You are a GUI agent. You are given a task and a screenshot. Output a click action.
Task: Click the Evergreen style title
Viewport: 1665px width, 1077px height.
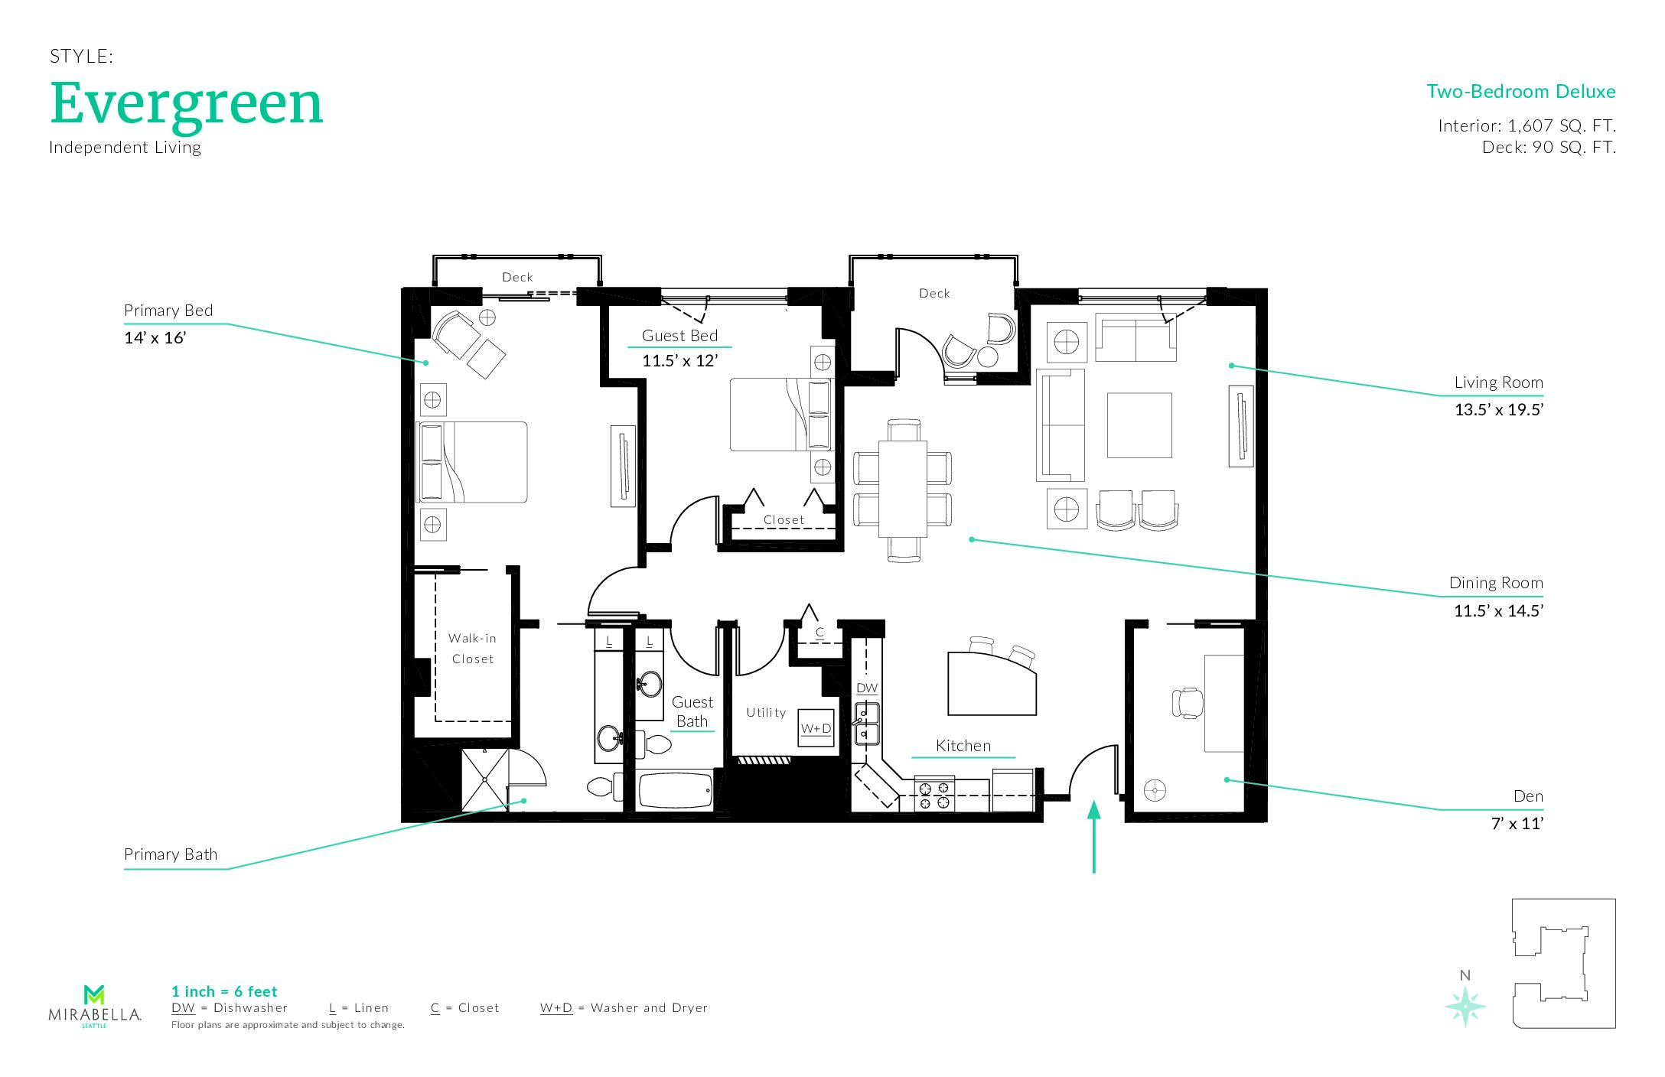pyautogui.click(x=187, y=106)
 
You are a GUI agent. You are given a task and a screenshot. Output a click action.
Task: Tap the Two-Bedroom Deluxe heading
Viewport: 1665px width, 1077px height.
pyautogui.click(x=1520, y=92)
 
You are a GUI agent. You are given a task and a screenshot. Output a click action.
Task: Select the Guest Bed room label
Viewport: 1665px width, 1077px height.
pyautogui.click(x=679, y=336)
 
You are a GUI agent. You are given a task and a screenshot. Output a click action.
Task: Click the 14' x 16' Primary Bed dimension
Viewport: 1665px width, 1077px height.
pyautogui.click(x=155, y=338)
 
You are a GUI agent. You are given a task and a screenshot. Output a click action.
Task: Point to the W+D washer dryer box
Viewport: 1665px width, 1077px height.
pyautogui.click(x=816, y=728)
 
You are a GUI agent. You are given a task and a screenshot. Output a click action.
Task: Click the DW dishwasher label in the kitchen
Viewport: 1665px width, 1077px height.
pyautogui.click(x=867, y=688)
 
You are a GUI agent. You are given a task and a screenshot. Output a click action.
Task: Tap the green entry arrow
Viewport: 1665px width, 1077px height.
pyautogui.click(x=1094, y=836)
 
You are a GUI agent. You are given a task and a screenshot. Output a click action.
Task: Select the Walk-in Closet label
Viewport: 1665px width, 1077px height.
pyautogui.click(x=472, y=649)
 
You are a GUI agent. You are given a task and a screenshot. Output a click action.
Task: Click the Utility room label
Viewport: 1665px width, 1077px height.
pyautogui.click(x=766, y=712)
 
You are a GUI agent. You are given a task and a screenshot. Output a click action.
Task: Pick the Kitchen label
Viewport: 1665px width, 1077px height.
pyautogui.click(x=963, y=746)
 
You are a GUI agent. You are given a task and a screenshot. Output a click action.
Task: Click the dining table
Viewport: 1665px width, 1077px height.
pyautogui.click(x=903, y=489)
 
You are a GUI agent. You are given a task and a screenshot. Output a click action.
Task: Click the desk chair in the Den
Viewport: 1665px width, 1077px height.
pyautogui.click(x=1187, y=703)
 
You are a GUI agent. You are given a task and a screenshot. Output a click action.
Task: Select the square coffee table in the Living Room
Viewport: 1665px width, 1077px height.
pyautogui.click(x=1139, y=425)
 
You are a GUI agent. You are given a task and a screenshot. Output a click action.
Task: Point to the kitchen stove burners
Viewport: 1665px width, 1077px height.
pyautogui.click(x=934, y=795)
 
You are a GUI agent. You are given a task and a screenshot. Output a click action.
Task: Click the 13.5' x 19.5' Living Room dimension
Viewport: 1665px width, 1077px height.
pyautogui.click(x=1498, y=410)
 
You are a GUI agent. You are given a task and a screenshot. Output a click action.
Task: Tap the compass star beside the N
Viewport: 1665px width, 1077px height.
pyautogui.click(x=1465, y=1006)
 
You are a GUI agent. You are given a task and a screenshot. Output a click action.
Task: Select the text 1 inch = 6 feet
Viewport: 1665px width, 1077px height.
pyautogui.click(x=224, y=992)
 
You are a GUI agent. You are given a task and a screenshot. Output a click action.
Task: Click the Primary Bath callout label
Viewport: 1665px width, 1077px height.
pyautogui.click(x=171, y=854)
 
